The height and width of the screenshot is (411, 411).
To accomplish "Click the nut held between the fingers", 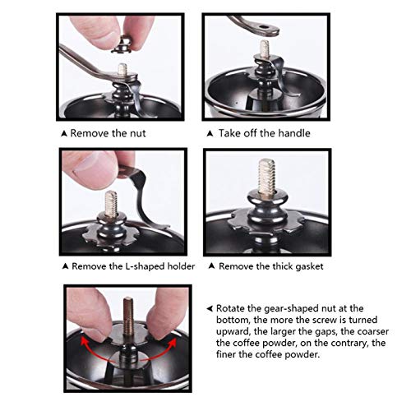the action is [122, 45].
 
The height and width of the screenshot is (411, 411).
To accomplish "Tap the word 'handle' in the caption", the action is [294, 133].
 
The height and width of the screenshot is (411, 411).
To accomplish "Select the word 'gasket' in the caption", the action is [309, 266].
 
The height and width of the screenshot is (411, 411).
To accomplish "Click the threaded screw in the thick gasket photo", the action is [266, 177].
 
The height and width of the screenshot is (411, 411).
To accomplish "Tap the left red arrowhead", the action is [83, 342].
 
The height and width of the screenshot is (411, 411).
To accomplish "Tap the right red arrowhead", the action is [173, 343].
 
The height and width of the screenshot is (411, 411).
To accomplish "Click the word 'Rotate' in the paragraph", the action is [231, 308].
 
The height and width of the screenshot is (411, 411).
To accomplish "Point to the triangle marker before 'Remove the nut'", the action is [64, 134].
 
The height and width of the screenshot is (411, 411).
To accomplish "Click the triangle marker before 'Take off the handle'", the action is [210, 134].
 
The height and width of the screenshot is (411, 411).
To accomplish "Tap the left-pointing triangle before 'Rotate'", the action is [210, 308].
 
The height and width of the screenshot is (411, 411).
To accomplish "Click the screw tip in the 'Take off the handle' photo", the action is [265, 42].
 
